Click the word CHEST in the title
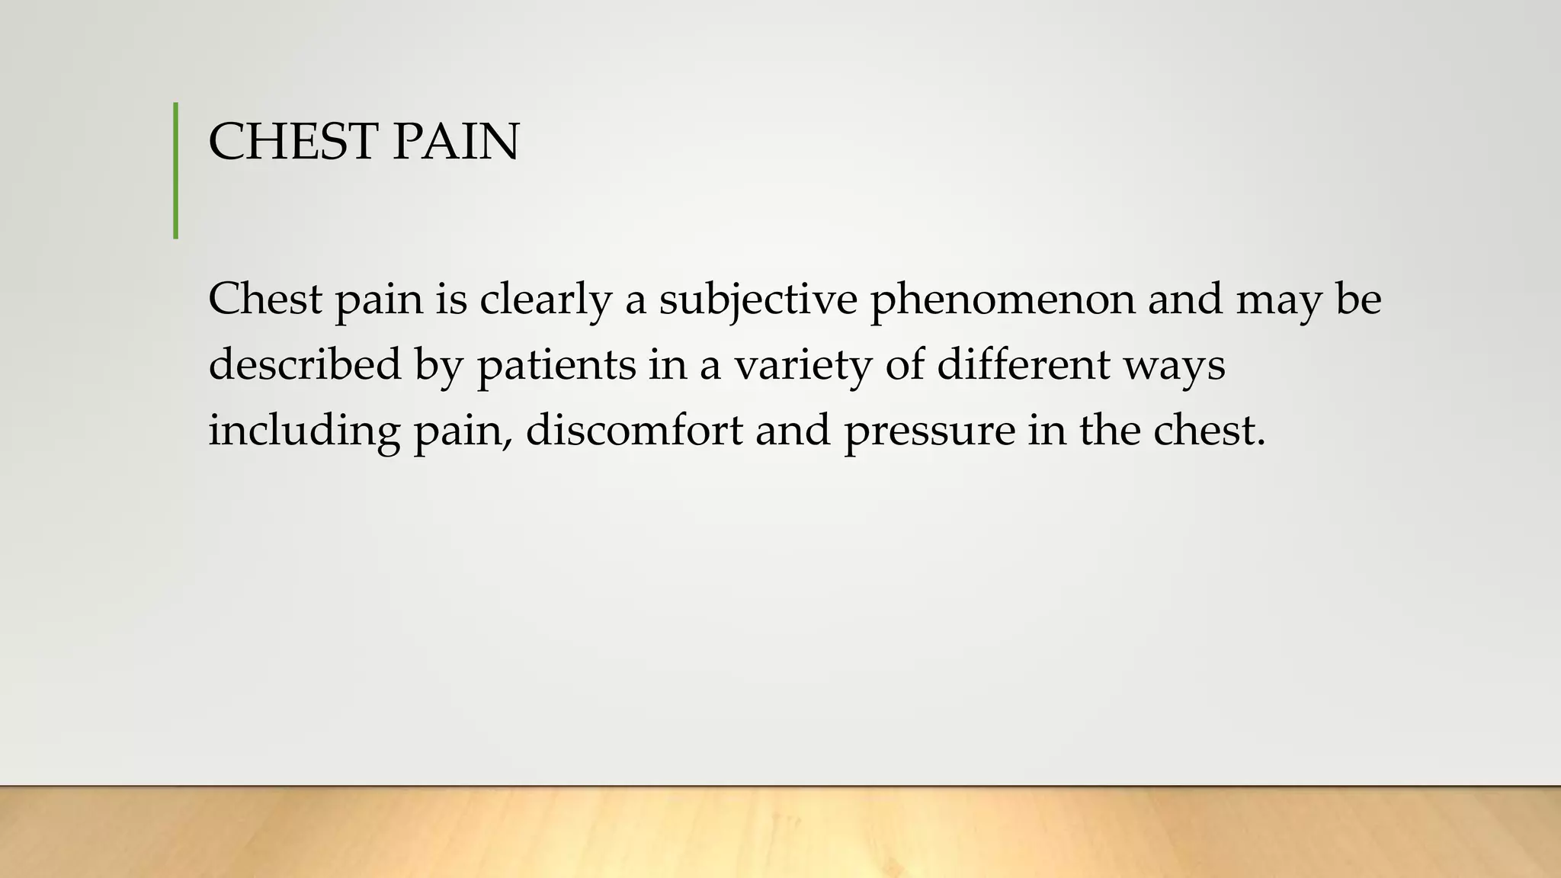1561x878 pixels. (x=293, y=142)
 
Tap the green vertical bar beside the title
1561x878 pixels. (x=176, y=171)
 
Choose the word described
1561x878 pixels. (x=304, y=364)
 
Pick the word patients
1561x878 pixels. (x=556, y=364)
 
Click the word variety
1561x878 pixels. (x=803, y=364)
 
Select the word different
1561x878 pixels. (x=1024, y=364)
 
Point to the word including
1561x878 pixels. (x=304, y=430)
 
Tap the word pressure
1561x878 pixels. (x=930, y=431)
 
